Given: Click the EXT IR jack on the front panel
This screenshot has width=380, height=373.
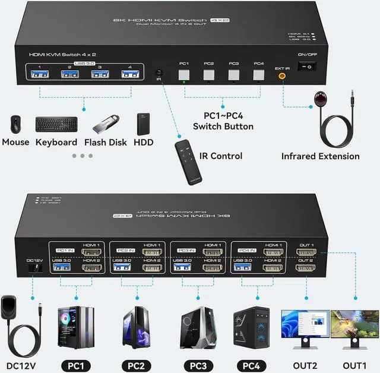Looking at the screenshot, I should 282,75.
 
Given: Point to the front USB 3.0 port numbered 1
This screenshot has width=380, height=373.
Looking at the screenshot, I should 40,74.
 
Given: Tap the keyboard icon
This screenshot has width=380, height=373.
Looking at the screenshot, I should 56,124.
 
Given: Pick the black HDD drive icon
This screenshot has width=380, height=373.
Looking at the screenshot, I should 143,124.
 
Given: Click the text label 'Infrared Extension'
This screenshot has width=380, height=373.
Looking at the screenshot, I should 320,156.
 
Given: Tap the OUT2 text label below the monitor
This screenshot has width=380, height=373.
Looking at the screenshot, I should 305,365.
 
